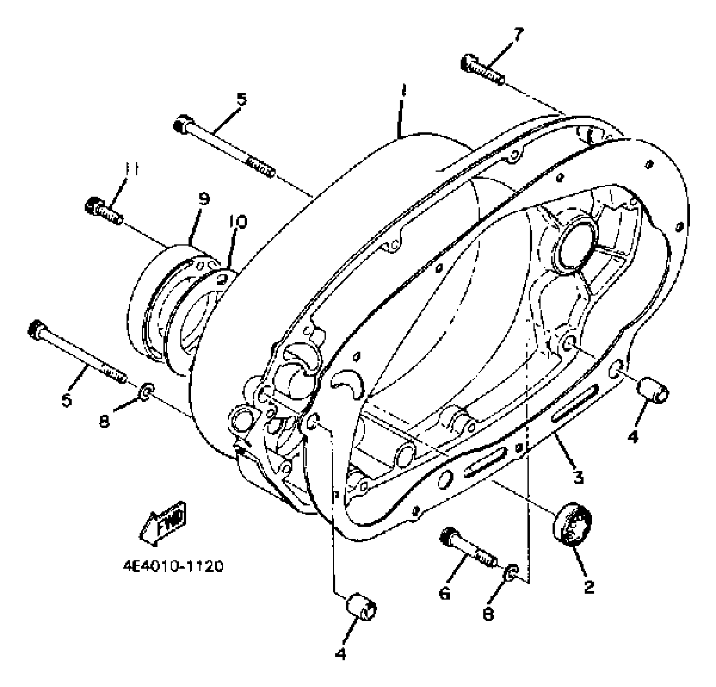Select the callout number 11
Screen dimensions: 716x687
131,169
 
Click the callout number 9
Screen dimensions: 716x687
203,198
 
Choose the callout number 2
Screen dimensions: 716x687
589,586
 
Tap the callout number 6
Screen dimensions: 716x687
445,593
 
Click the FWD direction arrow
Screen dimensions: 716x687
163,524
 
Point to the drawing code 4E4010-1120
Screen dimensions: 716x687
173,566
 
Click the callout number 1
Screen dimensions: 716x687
402,90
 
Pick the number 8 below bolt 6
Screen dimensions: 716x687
488,614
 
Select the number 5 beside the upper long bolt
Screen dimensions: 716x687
241,99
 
